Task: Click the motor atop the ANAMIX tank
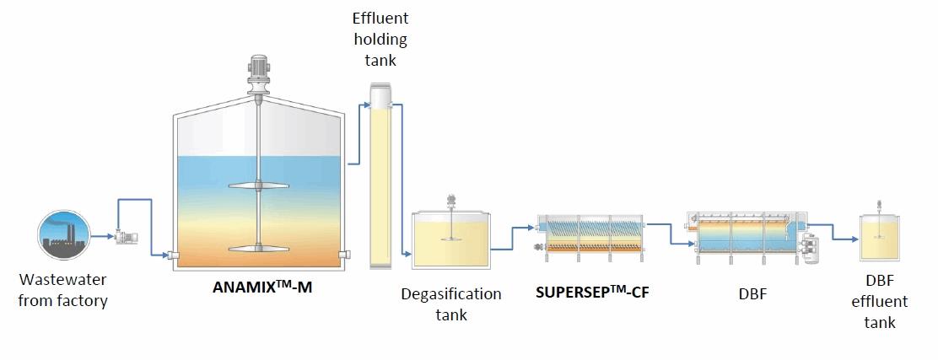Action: [x=259, y=66]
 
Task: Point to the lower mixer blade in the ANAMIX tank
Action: [x=259, y=248]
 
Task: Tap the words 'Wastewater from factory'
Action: [x=64, y=290]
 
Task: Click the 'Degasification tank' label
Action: [x=451, y=304]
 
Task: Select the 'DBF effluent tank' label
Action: [x=885, y=302]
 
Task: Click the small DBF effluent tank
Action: [x=880, y=237]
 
